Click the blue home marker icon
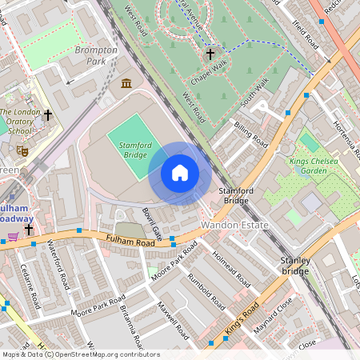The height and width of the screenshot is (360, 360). (x=180, y=174)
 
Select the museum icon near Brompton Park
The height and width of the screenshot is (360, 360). (x=126, y=83)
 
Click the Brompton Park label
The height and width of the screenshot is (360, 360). (x=96, y=55)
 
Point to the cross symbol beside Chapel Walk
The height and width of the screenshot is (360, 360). (x=211, y=54)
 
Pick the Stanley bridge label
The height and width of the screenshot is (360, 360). (x=295, y=266)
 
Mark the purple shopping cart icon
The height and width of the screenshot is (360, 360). (x=14, y=237)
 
